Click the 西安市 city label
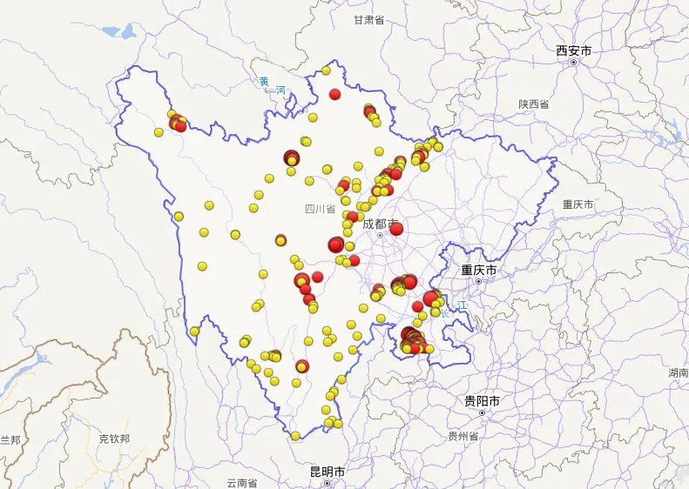pyautogui.click(x=573, y=52)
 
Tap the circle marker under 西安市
pyautogui.click(x=573, y=63)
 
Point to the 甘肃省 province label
pyautogui.click(x=368, y=20)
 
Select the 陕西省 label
pyautogui.click(x=533, y=104)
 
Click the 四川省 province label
pyautogui.click(x=320, y=209)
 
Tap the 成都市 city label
pyautogui.click(x=381, y=224)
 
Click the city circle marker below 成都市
pyautogui.click(x=380, y=235)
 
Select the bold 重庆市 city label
pyautogui.click(x=478, y=271)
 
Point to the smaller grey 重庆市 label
pyautogui.click(x=578, y=204)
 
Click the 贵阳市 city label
pyautogui.click(x=482, y=400)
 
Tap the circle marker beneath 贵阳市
pyautogui.click(x=482, y=412)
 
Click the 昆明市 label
pyautogui.click(x=328, y=472)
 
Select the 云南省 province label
pyautogui.click(x=242, y=482)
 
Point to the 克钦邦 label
pyautogui.click(x=114, y=439)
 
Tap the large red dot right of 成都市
pyautogui.click(x=396, y=229)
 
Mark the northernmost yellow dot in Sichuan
pyautogui.click(x=326, y=70)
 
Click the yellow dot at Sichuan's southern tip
pyautogui.click(x=295, y=435)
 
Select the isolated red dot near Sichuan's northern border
pyautogui.click(x=334, y=94)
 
